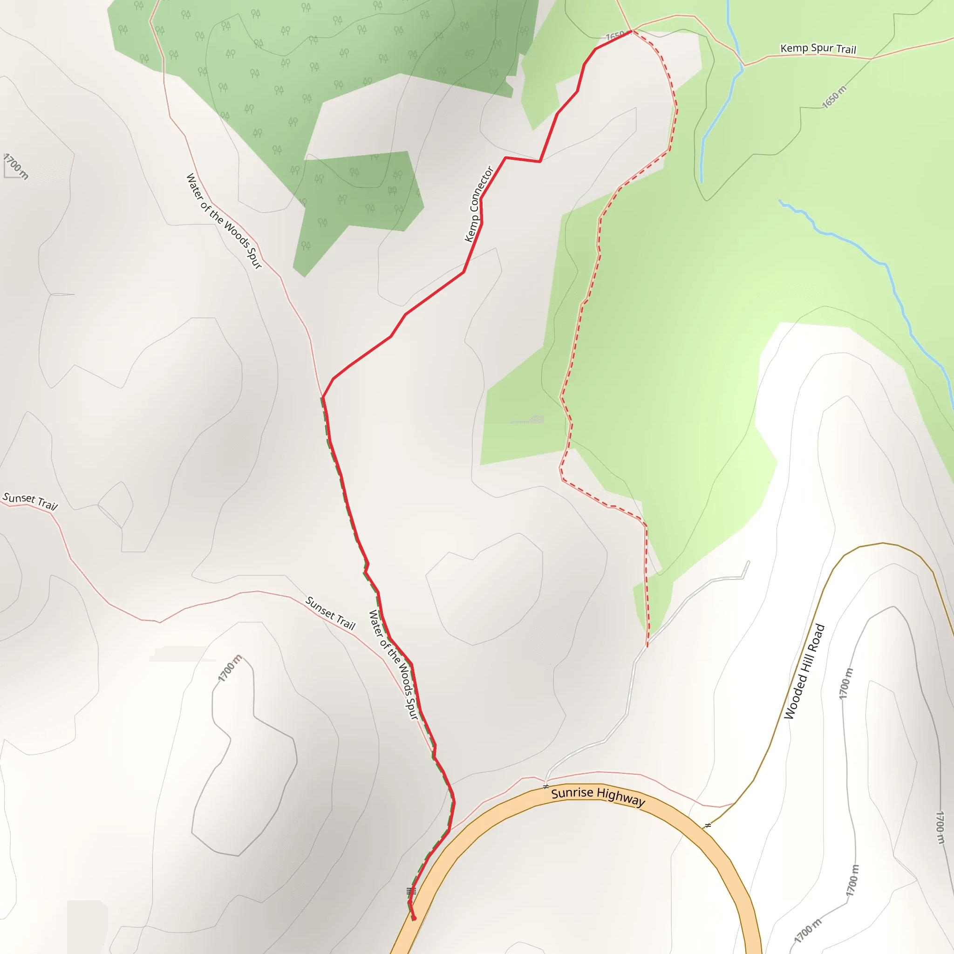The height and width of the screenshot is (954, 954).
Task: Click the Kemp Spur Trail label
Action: click(818, 48)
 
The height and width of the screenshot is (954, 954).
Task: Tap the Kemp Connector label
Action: click(478, 204)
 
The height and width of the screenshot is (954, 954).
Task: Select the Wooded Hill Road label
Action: click(804, 672)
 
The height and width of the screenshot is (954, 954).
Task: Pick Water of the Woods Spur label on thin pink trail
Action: click(224, 221)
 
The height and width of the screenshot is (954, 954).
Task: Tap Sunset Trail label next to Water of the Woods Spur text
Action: click(330, 613)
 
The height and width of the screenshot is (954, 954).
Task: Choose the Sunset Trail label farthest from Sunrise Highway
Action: click(30, 501)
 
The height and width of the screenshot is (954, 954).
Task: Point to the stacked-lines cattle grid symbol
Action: click(411, 891)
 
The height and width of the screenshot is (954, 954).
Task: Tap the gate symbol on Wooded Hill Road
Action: click(708, 825)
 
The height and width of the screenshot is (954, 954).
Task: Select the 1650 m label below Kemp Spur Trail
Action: click(834, 97)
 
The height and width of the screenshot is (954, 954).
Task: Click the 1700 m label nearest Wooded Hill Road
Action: click(846, 683)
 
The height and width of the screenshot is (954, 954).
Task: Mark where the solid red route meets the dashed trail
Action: click(632, 32)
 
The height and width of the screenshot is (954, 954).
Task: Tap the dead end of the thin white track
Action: click(749, 562)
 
